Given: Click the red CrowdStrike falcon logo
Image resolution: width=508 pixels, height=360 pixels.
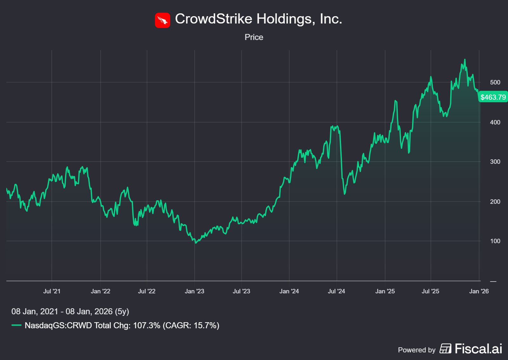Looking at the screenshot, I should click(x=162, y=20).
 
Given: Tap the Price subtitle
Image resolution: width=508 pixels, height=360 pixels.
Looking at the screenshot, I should click(x=254, y=37).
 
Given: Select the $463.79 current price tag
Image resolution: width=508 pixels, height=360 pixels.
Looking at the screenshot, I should click(x=493, y=97).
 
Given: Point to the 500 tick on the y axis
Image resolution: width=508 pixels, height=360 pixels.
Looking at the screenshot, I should click(x=495, y=82).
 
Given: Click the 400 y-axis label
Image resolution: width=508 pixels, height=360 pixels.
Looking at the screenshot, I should click(x=495, y=122).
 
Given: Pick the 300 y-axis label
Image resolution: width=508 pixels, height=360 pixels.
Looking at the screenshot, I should click(x=495, y=162).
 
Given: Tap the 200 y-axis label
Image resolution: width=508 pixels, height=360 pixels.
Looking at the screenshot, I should click(x=495, y=202).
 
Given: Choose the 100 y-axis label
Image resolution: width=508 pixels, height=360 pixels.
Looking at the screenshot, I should click(x=495, y=241).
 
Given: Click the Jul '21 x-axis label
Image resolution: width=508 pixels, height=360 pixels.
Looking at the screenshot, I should click(x=52, y=291).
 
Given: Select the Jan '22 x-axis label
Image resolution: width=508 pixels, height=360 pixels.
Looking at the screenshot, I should click(x=100, y=291).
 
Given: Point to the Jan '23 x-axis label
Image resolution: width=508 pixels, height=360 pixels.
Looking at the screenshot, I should click(x=194, y=291).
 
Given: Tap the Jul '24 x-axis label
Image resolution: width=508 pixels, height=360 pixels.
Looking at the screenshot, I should click(x=336, y=291).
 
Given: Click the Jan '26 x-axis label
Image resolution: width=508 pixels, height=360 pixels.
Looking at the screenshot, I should click(x=479, y=291).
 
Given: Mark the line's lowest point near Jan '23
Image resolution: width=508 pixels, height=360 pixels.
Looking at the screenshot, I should click(x=196, y=243).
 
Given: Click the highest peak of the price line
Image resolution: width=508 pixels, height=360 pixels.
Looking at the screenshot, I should click(x=465, y=59).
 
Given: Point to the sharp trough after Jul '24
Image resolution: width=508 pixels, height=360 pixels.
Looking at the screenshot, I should click(x=345, y=194).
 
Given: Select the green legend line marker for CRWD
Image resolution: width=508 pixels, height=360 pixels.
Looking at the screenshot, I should click(x=17, y=325).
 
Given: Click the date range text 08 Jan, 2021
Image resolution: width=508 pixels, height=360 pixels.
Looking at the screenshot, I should click(x=35, y=311).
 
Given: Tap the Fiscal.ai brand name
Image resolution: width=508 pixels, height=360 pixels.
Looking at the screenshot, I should click(x=478, y=349).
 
